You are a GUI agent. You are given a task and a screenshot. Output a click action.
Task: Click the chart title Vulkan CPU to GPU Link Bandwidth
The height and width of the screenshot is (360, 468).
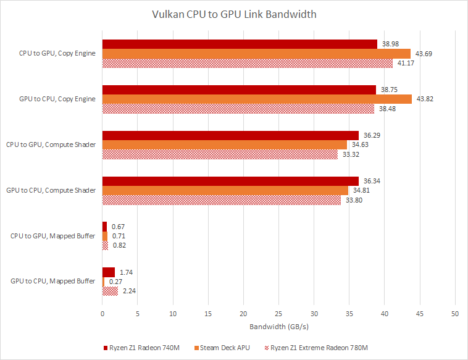click(234, 14)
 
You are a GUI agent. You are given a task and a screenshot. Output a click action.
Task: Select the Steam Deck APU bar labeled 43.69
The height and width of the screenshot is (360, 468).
click(256, 54)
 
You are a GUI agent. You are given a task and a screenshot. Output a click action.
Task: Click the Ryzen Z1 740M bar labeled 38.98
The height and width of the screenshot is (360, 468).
click(240, 44)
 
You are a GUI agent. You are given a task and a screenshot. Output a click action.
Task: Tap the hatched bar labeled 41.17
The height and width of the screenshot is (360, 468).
click(247, 63)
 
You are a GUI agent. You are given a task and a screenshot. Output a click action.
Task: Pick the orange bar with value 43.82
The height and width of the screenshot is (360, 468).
click(257, 99)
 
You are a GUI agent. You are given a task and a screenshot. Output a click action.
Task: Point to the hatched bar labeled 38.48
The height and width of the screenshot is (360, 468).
click(238, 108)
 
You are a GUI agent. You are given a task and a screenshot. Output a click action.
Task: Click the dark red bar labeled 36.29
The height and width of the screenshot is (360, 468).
click(230, 135)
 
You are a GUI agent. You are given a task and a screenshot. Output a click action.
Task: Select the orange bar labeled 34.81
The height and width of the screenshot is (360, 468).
click(225, 190)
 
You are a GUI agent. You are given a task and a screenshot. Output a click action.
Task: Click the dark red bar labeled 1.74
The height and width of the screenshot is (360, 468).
click(109, 272)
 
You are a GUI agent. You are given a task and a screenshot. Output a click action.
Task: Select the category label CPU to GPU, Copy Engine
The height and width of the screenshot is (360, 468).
click(57, 54)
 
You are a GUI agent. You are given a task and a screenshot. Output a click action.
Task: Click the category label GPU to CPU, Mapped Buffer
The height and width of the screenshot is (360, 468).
click(52, 281)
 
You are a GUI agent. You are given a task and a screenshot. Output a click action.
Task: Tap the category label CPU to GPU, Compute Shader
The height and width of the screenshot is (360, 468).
click(51, 144)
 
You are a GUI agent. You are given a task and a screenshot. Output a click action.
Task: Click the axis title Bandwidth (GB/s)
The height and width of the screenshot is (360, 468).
click(278, 327)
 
